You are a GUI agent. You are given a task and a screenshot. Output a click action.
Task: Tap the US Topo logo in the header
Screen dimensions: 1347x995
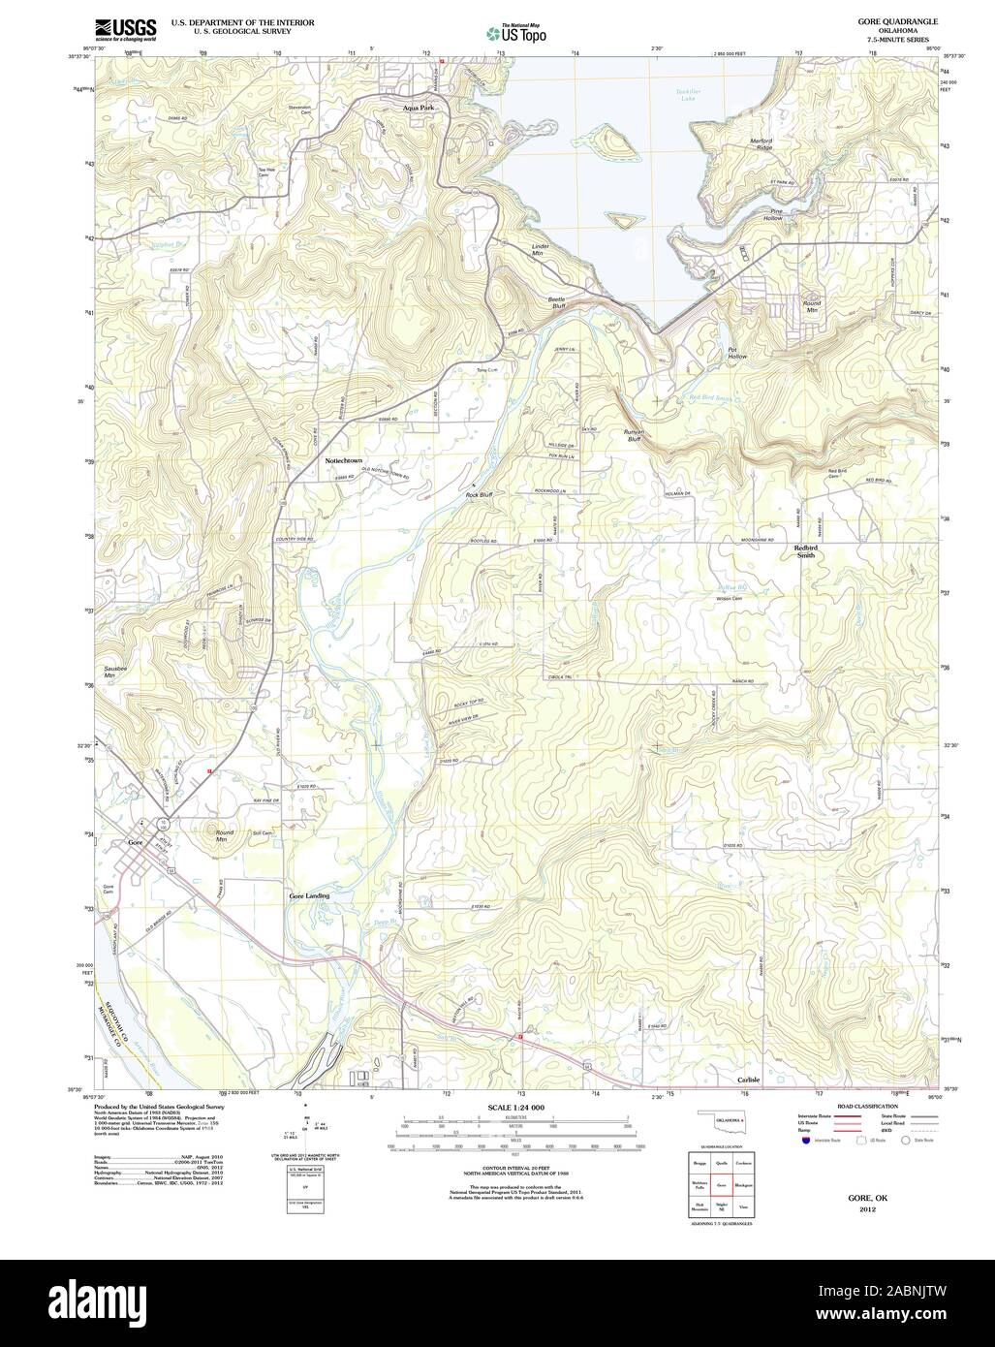(x=516, y=33)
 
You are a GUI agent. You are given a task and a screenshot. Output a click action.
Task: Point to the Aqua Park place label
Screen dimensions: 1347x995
(x=419, y=109)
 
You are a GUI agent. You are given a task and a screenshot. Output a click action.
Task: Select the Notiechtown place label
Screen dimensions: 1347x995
(x=343, y=460)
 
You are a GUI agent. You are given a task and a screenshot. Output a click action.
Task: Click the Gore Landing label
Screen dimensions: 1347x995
(x=307, y=896)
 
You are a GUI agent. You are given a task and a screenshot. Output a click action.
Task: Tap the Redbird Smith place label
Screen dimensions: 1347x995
(x=805, y=551)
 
